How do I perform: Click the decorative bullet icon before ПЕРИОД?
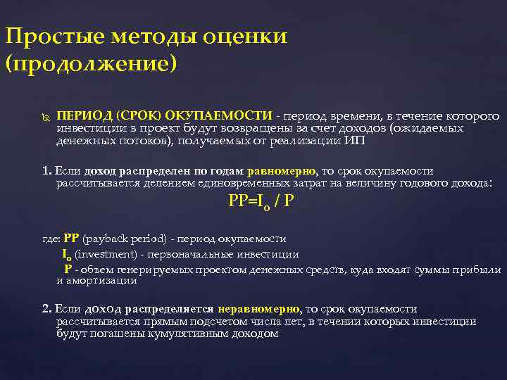click(x=45, y=116)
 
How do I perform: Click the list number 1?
click(x=46, y=171)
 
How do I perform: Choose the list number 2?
click(x=46, y=309)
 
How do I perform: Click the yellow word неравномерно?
click(x=259, y=309)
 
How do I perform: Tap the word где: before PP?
click(x=52, y=239)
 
